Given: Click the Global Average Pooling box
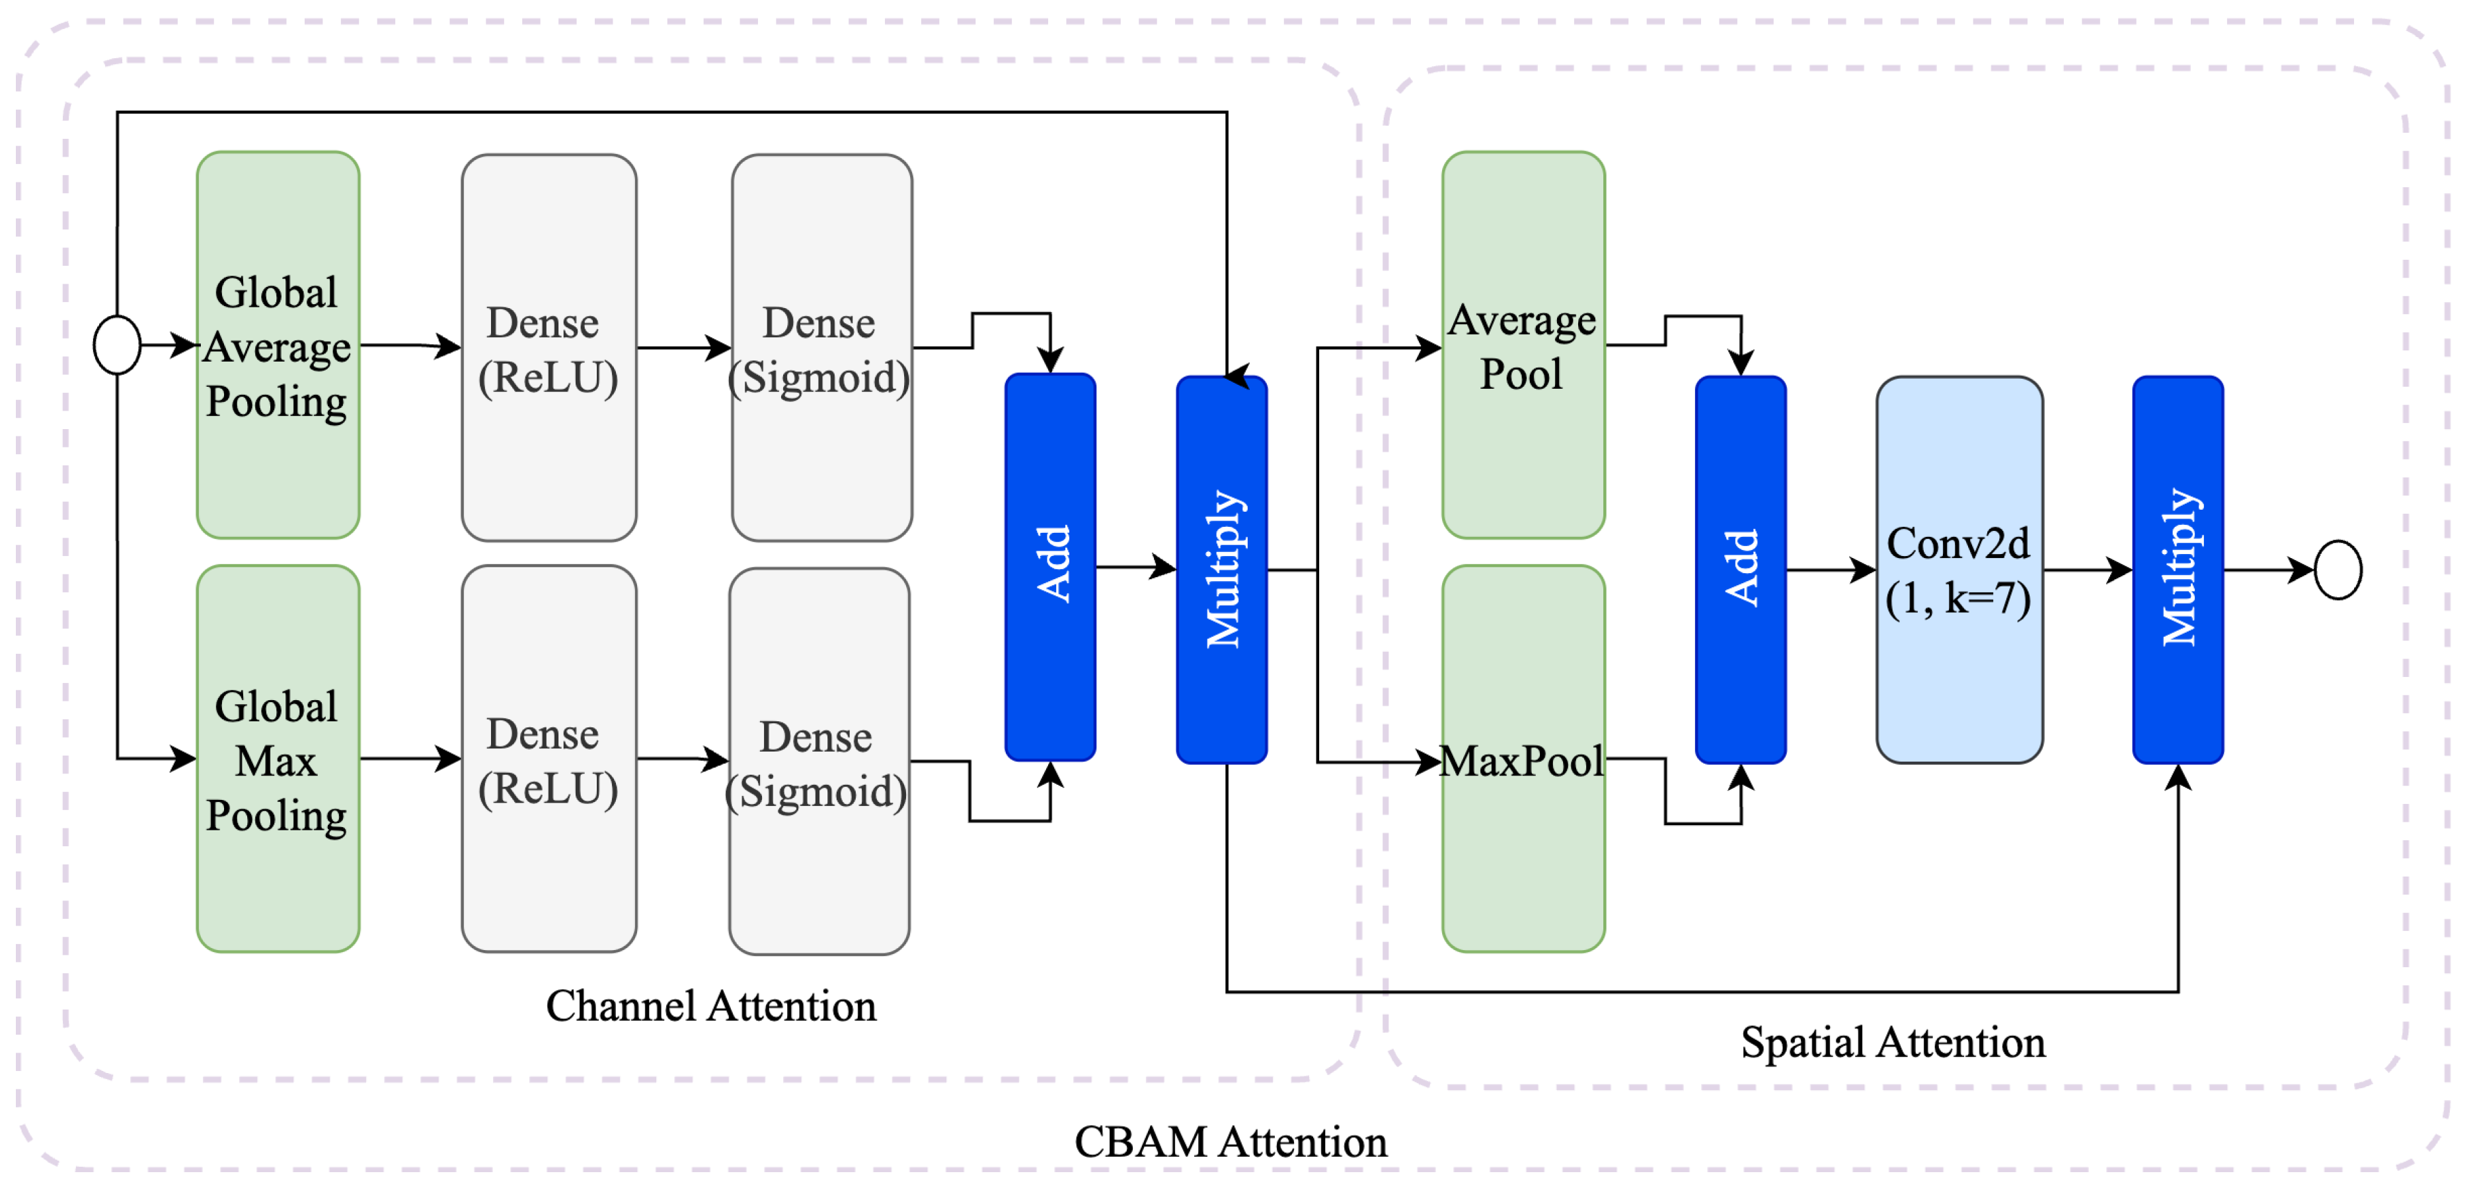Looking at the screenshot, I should [x=278, y=345].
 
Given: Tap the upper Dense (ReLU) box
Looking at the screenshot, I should [x=549, y=348].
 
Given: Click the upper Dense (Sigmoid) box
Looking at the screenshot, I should [x=821, y=348].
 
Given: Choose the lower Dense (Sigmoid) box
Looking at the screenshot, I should [x=819, y=762].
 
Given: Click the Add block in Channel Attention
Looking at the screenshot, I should [x=1051, y=567].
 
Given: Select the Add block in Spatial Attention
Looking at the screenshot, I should [x=1741, y=570].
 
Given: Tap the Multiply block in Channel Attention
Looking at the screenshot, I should [x=1222, y=570].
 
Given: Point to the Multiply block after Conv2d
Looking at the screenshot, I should [x=2178, y=570].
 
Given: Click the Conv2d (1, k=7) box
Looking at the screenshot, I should [x=1959, y=570].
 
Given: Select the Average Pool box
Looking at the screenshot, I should [x=1523, y=345].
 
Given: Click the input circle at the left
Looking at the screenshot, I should [x=117, y=344].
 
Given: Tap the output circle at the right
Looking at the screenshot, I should [x=2337, y=570].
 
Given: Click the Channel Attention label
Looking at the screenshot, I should [x=710, y=1006].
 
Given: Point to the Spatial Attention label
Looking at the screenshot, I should [x=1892, y=1043].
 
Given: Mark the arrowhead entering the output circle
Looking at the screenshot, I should [x=2302, y=571].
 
